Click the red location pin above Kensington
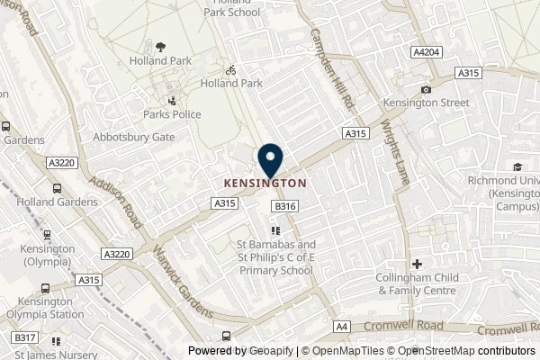270,161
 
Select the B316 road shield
285,207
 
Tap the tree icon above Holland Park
160,47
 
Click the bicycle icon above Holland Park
230,68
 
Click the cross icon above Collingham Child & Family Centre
418,264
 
